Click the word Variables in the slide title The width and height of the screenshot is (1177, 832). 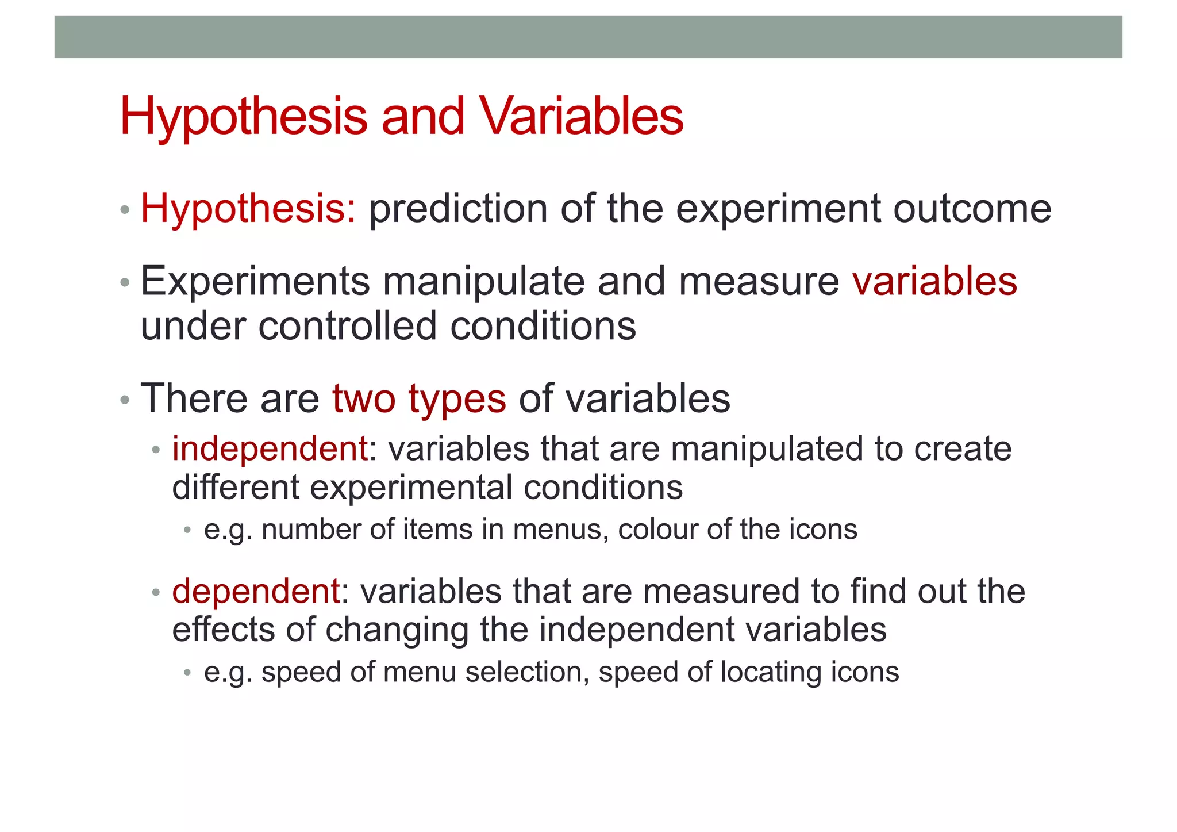tap(582, 117)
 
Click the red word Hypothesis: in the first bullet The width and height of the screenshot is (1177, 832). tap(248, 209)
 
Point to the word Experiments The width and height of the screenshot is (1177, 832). tap(255, 282)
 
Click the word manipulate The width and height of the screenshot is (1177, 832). tap(483, 282)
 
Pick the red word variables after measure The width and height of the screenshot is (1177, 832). tap(934, 282)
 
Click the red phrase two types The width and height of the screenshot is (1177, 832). tap(419, 398)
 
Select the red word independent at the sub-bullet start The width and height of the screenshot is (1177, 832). tap(270, 448)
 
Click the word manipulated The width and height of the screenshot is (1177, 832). tap(767, 448)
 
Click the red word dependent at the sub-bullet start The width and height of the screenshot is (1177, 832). tap(256, 591)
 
